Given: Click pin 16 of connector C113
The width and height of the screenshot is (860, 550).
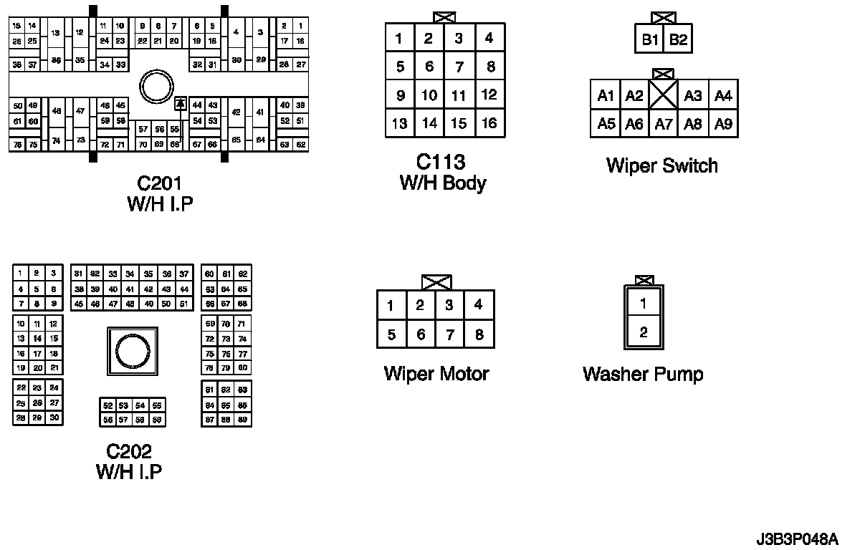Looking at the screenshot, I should point(489,123).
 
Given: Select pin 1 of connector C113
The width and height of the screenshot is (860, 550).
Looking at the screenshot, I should point(399,38).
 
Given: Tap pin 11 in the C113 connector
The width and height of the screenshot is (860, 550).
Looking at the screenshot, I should point(459,95).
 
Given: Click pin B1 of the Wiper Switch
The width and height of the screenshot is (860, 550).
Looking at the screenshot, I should point(650,40).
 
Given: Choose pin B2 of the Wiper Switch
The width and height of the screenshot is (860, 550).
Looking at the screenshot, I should point(678,40).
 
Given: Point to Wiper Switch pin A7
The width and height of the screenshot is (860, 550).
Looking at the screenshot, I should point(664,124).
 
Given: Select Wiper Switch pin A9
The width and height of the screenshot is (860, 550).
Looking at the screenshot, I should point(724,124).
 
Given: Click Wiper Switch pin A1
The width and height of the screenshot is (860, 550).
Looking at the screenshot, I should point(606,96).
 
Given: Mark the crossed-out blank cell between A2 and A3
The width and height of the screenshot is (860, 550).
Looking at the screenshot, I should point(664,95).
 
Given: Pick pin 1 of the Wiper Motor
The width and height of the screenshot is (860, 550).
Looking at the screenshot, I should point(391,306).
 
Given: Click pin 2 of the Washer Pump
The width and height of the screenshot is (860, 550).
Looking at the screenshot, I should point(644,332).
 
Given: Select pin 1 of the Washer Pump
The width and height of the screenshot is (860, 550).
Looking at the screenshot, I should point(644,303).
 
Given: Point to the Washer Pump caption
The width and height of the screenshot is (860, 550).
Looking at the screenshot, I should point(643,374).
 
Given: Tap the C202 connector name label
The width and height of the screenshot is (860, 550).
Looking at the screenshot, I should point(129,451).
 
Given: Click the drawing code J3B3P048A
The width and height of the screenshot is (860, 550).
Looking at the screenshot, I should point(796,537).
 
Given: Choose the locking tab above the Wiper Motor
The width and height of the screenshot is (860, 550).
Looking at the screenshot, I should point(436,282).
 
